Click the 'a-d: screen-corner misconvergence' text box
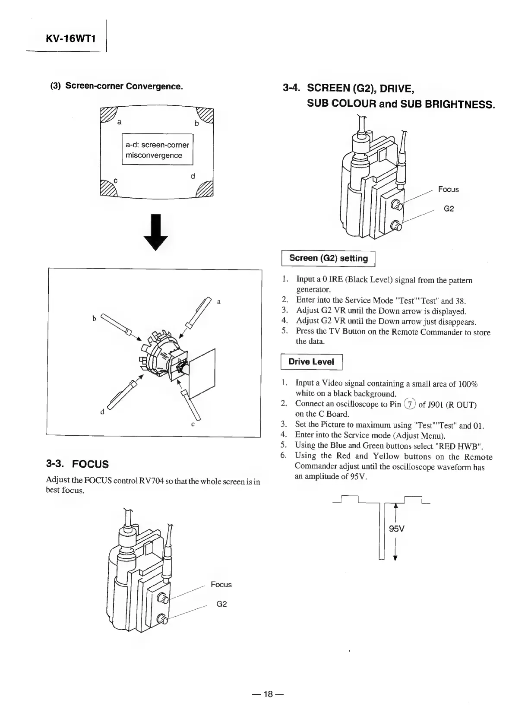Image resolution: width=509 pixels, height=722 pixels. pyautogui.click(x=157, y=150)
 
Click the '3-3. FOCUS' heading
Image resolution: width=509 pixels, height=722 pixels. pyautogui.click(x=77, y=465)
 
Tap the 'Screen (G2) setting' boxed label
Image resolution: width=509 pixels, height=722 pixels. pyautogui.click(x=328, y=259)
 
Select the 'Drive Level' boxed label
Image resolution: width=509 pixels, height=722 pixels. pyautogui.click(x=311, y=362)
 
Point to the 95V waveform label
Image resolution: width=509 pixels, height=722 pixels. pyautogui.click(x=396, y=529)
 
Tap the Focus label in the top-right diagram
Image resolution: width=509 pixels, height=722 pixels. pyautogui.click(x=448, y=190)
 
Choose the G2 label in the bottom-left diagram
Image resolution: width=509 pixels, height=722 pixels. pyautogui.click(x=221, y=604)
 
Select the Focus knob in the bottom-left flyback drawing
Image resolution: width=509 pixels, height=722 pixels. pyautogui.click(x=163, y=599)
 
